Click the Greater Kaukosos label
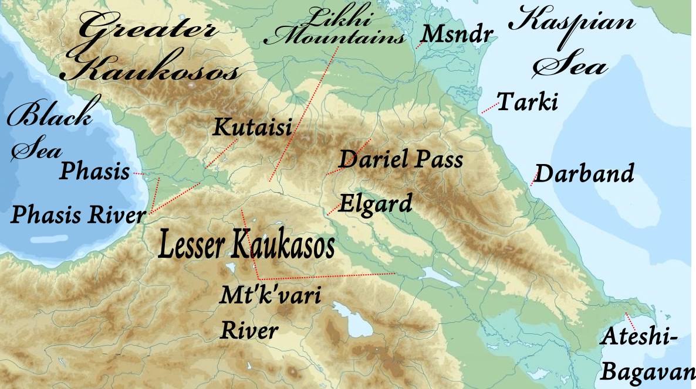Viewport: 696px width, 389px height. pyautogui.click(x=151, y=48)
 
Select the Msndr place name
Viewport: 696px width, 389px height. pyautogui.click(x=456, y=35)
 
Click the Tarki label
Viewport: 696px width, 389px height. pyautogui.click(x=527, y=103)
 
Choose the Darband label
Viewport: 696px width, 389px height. pyautogui.click(x=584, y=174)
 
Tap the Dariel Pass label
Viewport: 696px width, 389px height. pyautogui.click(x=401, y=159)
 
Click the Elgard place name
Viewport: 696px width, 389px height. pyautogui.click(x=376, y=204)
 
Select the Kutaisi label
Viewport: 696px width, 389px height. pyautogui.click(x=252, y=127)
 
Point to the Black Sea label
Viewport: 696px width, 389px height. pyautogui.click(x=49, y=130)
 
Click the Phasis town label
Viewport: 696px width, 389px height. pyautogui.click(x=94, y=172)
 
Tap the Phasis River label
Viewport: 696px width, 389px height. pyautogui.click(x=77, y=215)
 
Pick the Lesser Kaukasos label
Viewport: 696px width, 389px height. pyautogui.click(x=246, y=245)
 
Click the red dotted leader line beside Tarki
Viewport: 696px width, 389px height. pyautogui.click(x=488, y=108)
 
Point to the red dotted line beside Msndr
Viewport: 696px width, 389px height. pyautogui.click(x=419, y=43)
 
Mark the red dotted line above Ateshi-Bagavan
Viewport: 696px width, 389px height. pyautogui.click(x=630, y=320)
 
